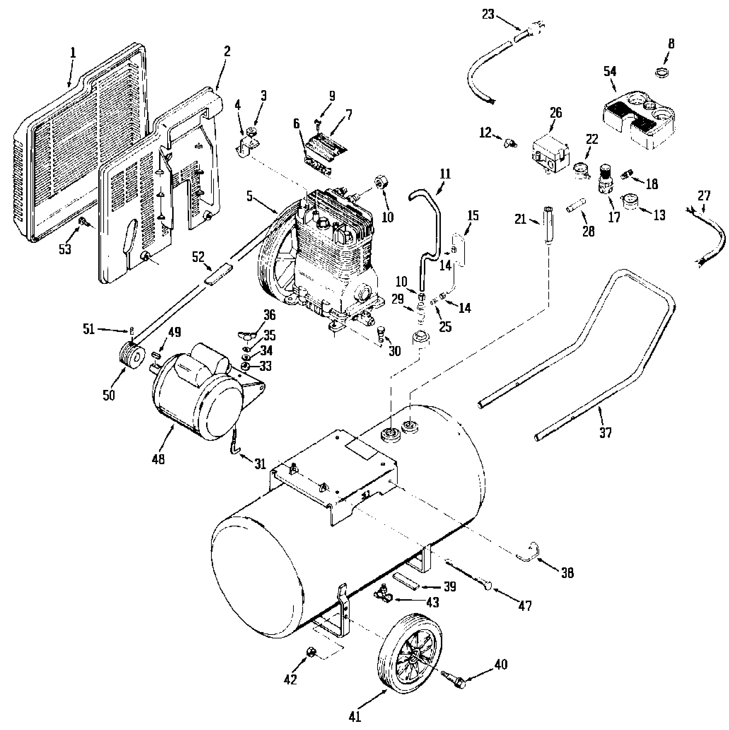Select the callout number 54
tap(610, 71)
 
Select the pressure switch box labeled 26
tap(550, 155)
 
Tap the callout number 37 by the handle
tap(605, 432)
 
